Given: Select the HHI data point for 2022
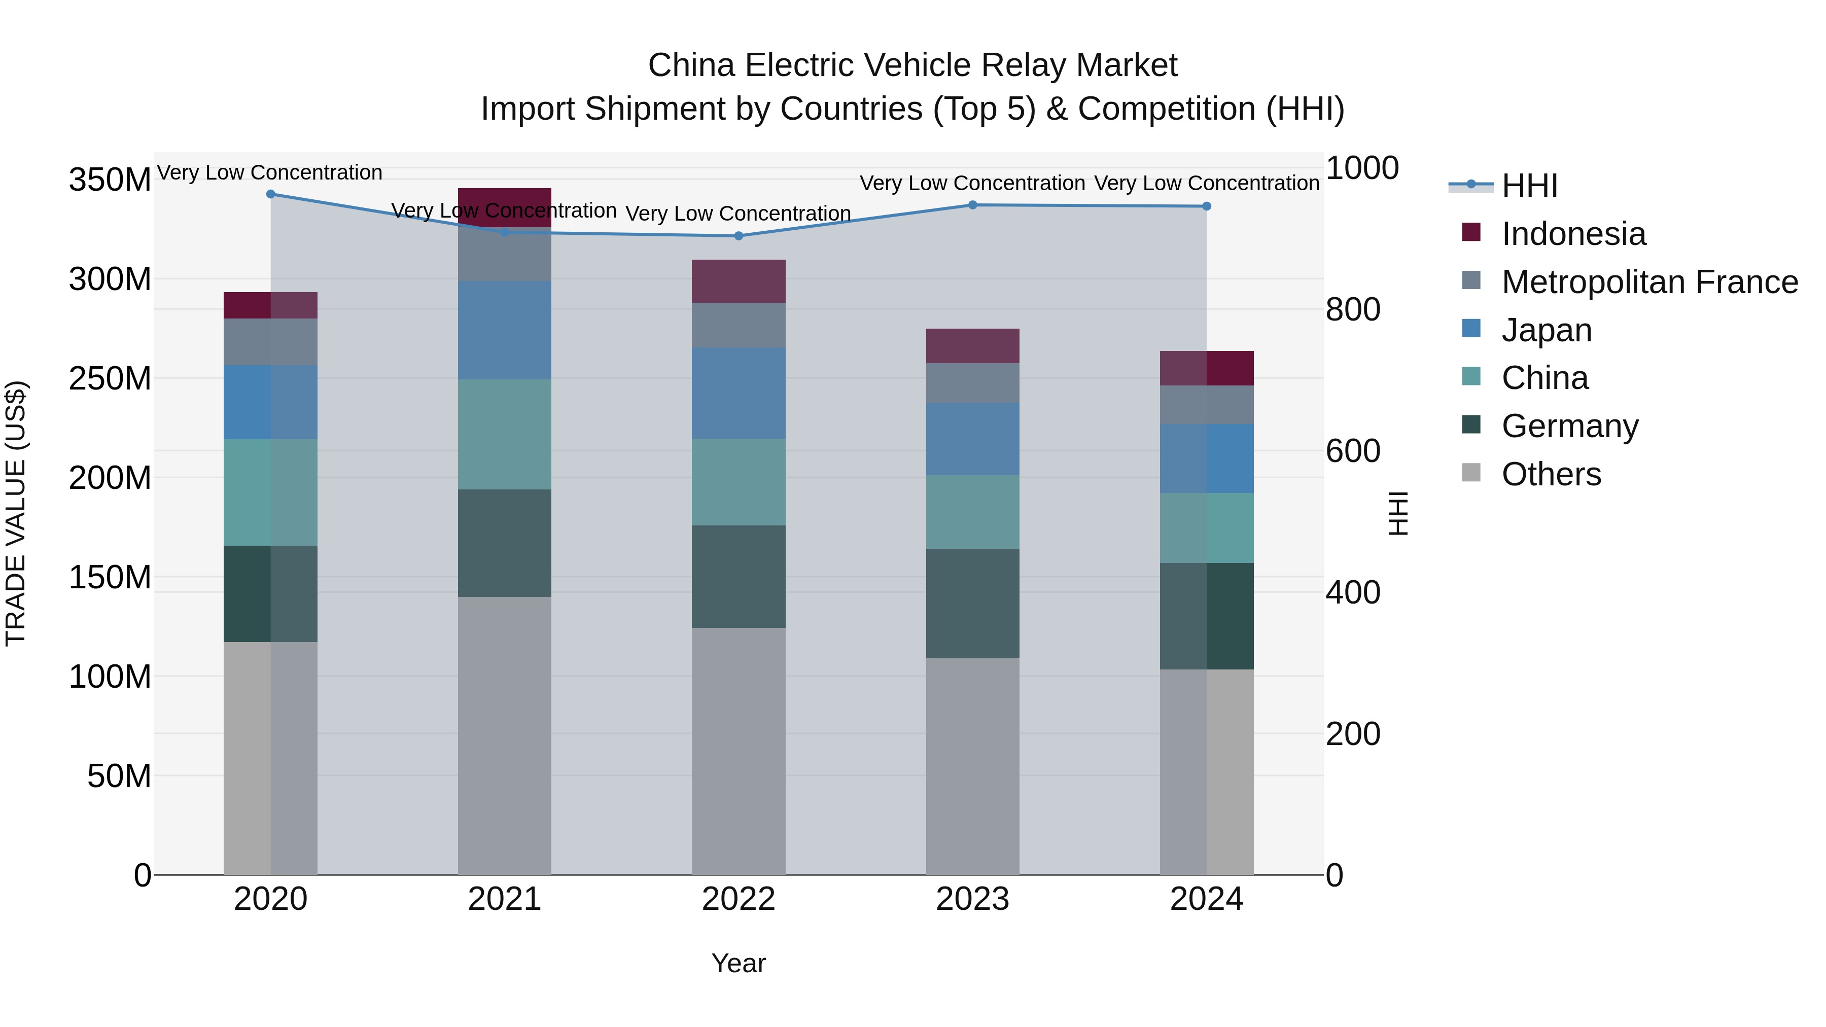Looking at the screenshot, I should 739,236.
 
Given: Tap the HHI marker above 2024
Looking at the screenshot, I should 1207,206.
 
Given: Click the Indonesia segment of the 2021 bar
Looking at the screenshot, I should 504,206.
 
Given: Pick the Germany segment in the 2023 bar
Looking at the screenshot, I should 972,603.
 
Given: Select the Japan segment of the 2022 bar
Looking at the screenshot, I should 738,393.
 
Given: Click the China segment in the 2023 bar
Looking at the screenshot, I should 972,512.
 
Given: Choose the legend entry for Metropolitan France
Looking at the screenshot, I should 1649,282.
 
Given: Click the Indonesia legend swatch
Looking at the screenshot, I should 1471,232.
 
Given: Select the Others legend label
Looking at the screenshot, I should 1551,474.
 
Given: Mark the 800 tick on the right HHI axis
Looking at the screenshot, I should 1352,310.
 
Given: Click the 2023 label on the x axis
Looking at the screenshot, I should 972,899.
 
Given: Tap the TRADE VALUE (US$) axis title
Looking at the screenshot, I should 16,513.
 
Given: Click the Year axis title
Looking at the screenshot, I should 738,963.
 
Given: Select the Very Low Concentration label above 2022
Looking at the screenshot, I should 738,214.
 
